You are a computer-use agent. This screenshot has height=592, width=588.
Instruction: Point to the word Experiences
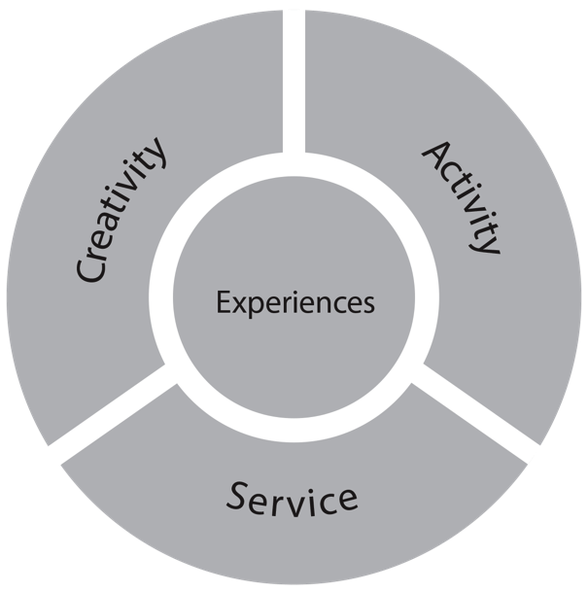tap(294, 302)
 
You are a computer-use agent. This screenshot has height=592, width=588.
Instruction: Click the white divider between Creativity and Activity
tap(293, 78)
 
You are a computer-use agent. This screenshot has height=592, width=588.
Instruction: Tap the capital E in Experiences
tap(222, 302)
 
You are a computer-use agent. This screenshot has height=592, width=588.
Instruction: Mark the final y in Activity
tap(488, 240)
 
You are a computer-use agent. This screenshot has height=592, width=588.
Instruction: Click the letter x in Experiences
tap(236, 303)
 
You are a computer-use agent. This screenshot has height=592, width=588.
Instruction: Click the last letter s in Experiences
tap(367, 303)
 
